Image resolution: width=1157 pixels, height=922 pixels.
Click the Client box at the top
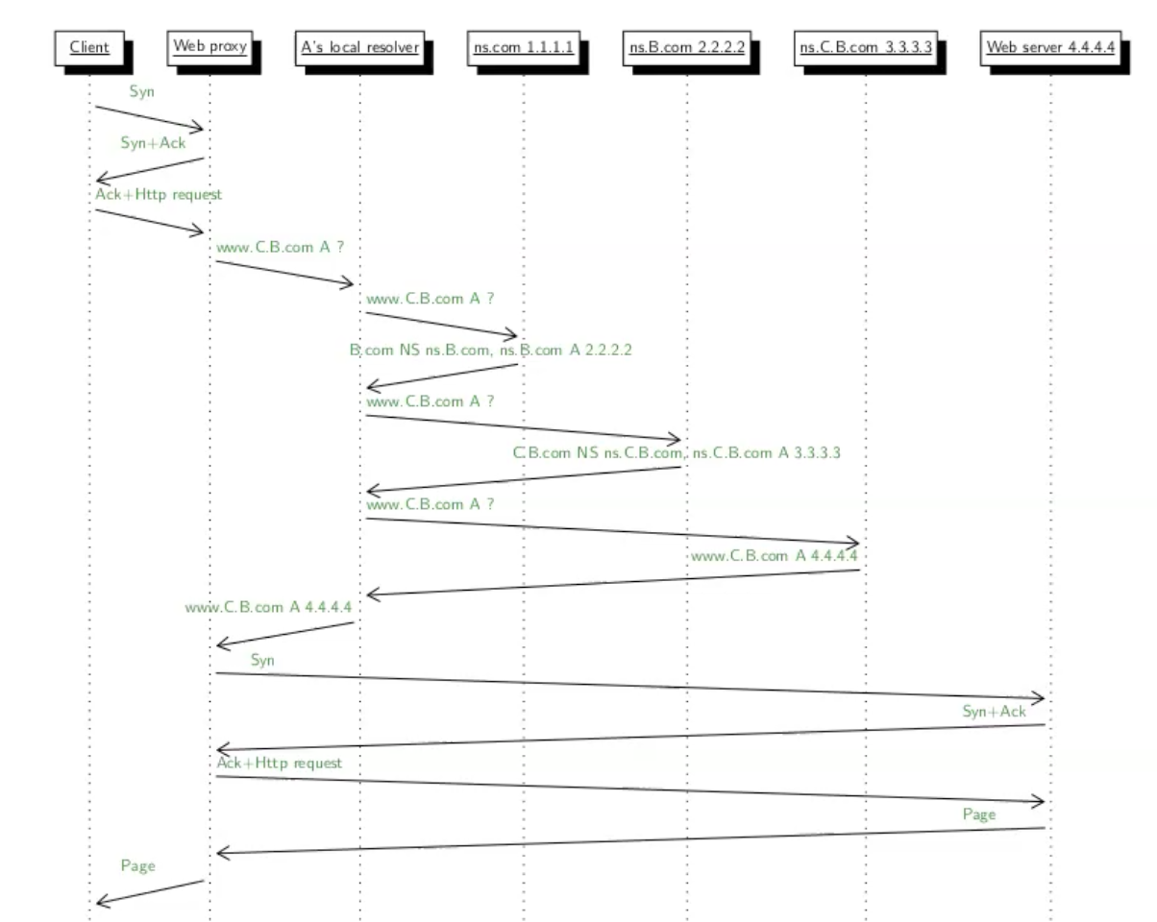pyautogui.click(x=89, y=47)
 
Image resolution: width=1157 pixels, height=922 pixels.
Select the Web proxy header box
pyautogui.click(x=209, y=46)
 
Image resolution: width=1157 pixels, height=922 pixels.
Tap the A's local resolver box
pyautogui.click(x=360, y=47)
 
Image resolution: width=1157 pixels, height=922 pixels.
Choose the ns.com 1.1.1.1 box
pyautogui.click(x=524, y=47)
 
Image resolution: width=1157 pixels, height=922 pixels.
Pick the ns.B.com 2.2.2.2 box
pyautogui.click(x=687, y=47)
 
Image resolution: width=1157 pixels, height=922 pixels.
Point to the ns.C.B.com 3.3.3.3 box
pyautogui.click(x=866, y=47)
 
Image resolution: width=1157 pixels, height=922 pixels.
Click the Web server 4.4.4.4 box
pyautogui.click(x=1050, y=47)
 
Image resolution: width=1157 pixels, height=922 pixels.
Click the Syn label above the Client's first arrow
pyautogui.click(x=141, y=91)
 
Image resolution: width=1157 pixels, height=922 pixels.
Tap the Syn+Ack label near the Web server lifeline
pyautogui.click(x=994, y=712)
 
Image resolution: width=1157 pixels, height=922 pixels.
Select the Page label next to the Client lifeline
pyautogui.click(x=137, y=865)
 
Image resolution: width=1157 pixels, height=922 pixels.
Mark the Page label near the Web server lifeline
pyautogui.click(x=979, y=813)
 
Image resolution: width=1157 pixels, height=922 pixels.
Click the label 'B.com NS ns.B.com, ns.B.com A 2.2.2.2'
pyautogui.click(x=490, y=351)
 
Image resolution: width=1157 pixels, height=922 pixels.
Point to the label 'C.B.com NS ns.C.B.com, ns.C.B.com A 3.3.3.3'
pyautogui.click(x=677, y=452)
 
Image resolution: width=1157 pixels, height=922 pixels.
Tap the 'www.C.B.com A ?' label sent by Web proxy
pyautogui.click(x=280, y=247)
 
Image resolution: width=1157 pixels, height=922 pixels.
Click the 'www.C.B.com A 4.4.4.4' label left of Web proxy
pyautogui.click(x=268, y=607)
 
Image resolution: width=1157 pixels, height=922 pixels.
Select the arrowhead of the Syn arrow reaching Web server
pyautogui.click(x=1040, y=698)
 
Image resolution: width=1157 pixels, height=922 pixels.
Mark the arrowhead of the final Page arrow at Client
pyautogui.click(x=100, y=903)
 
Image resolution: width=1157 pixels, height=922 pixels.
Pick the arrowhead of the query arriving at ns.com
pyautogui.click(x=513, y=336)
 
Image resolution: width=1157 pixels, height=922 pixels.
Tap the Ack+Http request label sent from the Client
pyautogui.click(x=159, y=194)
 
